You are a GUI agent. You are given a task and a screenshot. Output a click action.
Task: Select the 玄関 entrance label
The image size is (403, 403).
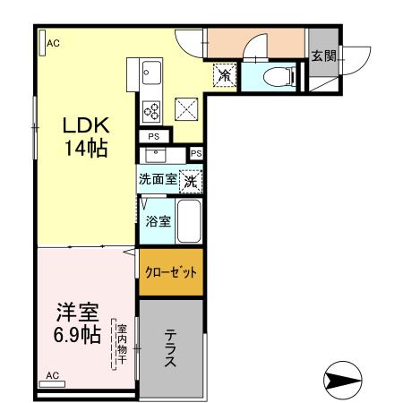pyautogui.click(x=322, y=56)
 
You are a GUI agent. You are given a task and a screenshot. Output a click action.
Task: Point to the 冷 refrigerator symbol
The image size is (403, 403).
pyautogui.click(x=225, y=76)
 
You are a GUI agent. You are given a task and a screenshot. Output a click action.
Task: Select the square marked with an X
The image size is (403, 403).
pyautogui.click(x=186, y=110)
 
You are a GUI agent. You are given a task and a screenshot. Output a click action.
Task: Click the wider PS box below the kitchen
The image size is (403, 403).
pyautogui.click(x=155, y=137)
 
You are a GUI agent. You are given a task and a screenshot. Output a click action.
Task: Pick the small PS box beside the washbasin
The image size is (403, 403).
pyautogui.click(x=196, y=153)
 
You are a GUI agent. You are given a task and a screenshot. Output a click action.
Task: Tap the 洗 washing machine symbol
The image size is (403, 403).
pyautogui.click(x=191, y=179)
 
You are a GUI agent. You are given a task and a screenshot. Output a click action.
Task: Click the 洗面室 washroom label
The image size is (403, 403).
pyautogui.click(x=158, y=179)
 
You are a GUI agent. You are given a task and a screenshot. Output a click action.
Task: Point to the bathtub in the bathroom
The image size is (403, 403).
pyautogui.click(x=190, y=221)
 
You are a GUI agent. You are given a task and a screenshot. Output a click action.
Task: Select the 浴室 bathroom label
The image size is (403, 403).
pyautogui.click(x=159, y=221)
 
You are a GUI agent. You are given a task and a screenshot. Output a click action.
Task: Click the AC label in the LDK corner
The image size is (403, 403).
pyautogui.click(x=53, y=42)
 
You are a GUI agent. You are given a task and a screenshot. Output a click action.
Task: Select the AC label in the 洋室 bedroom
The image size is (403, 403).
pyautogui.click(x=52, y=374)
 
